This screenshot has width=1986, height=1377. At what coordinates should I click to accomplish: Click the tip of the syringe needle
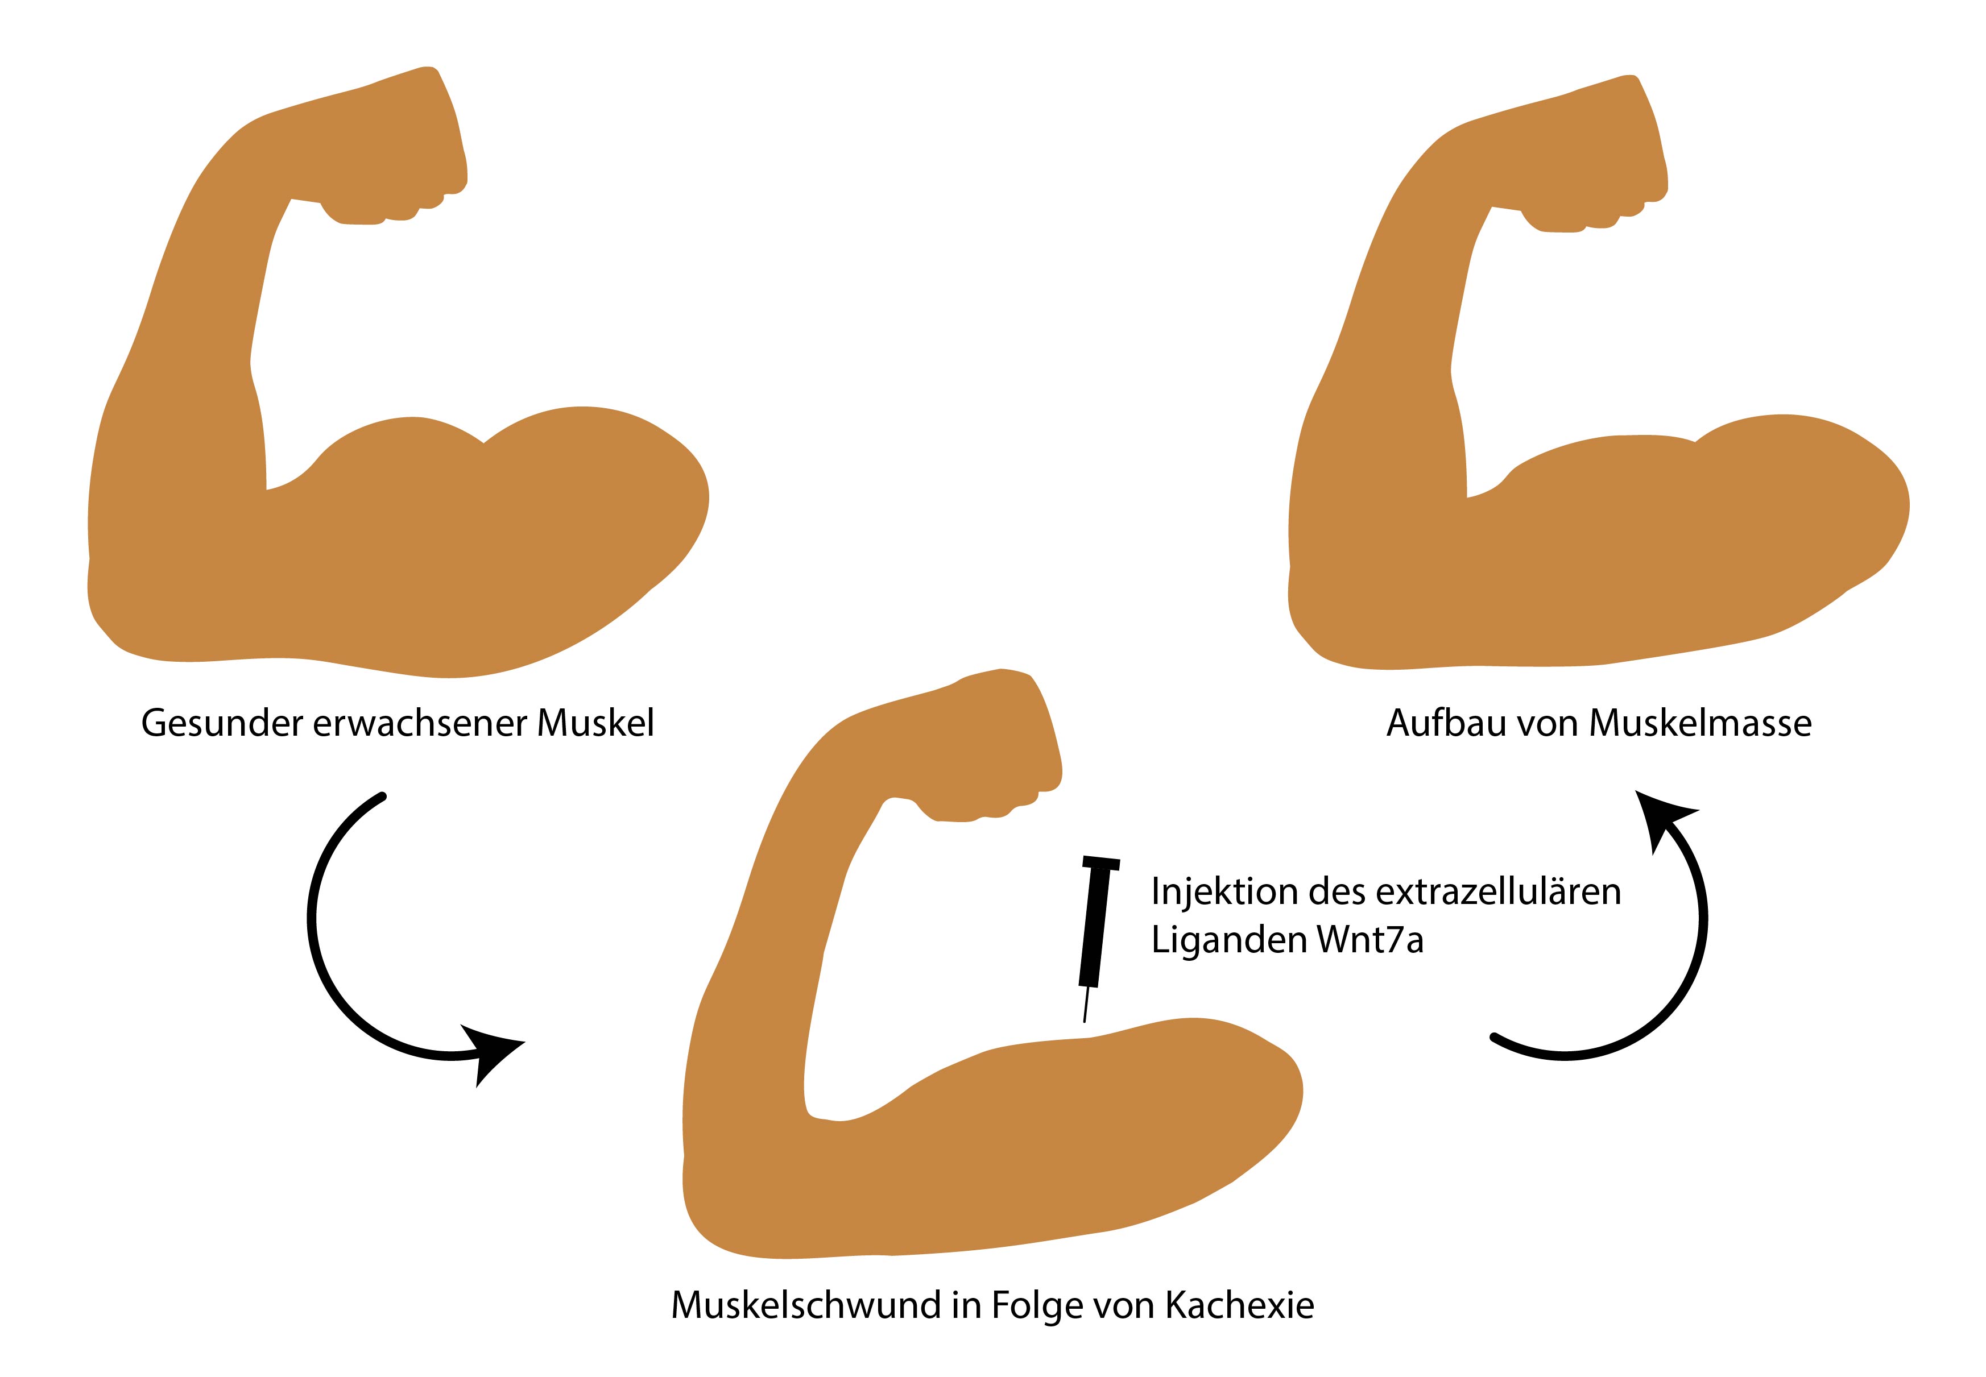[1084, 1022]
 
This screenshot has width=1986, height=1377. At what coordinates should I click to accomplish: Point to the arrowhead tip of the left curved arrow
[525, 1042]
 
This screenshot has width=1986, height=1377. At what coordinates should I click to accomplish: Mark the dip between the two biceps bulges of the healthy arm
[483, 442]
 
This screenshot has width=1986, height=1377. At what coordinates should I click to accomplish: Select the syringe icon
[1099, 939]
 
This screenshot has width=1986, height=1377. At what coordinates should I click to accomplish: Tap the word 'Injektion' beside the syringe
[1224, 892]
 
